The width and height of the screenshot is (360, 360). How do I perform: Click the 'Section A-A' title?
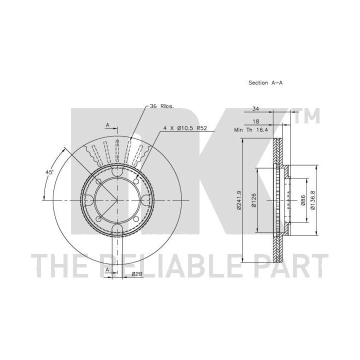click(265, 82)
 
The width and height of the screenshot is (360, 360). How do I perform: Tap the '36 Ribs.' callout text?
click(162, 106)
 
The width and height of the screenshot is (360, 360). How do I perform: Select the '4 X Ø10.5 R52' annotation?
click(185, 128)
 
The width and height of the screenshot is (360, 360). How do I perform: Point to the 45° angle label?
click(49, 172)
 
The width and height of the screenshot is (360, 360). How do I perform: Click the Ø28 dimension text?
click(137, 274)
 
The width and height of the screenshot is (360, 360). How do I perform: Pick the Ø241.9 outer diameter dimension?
click(239, 200)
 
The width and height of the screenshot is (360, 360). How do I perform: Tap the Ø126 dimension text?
click(253, 200)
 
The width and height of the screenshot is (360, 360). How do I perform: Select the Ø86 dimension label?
click(303, 200)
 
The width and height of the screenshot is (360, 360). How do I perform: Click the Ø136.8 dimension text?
click(312, 200)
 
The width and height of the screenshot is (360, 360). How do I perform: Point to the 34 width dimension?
click(255, 108)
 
